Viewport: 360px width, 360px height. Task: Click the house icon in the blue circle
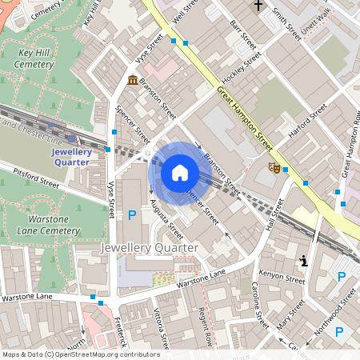[x=180, y=172]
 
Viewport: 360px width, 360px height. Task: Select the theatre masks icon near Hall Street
[x=274, y=167]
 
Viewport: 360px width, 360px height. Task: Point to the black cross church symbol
[x=258, y=6]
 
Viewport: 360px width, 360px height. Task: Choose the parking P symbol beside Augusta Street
[x=132, y=214]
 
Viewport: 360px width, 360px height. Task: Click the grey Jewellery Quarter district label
[x=149, y=248]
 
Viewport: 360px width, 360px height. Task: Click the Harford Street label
[x=307, y=120]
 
